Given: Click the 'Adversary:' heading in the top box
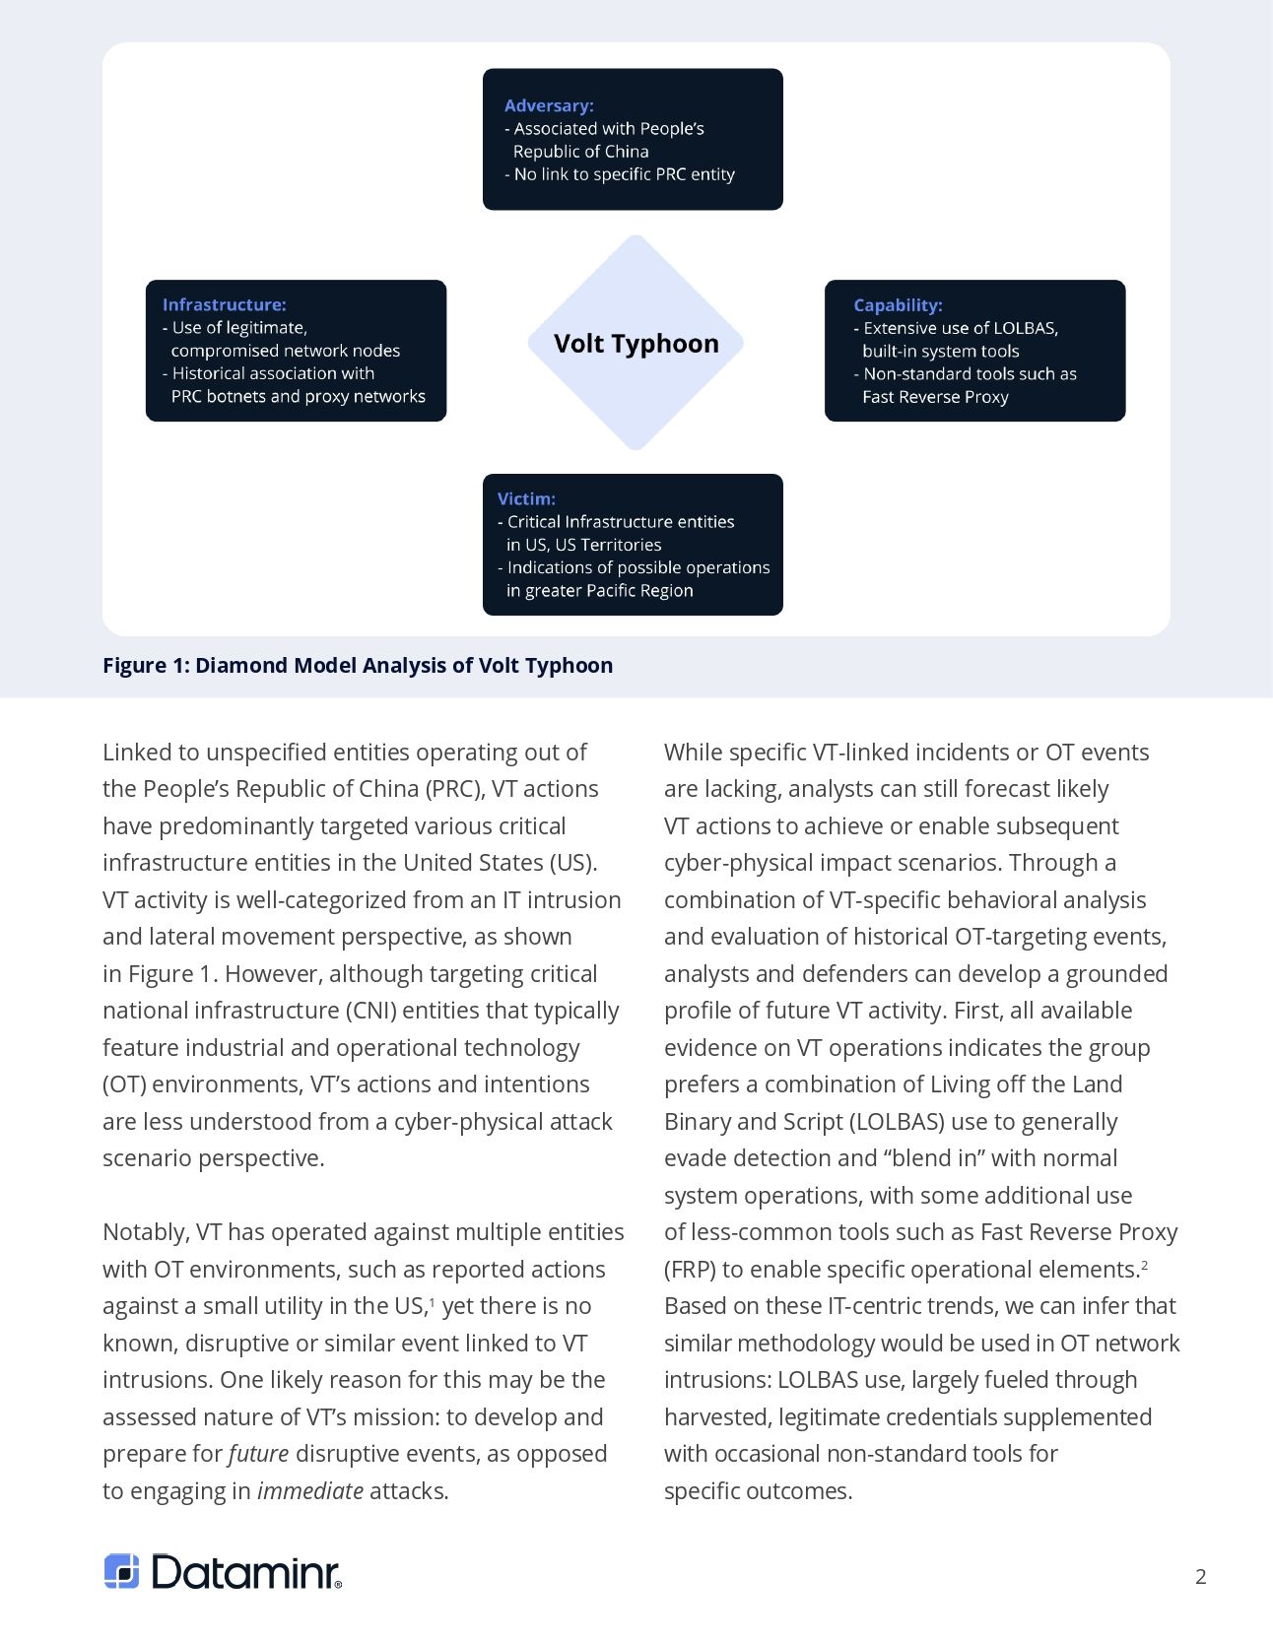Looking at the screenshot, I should [x=549, y=105].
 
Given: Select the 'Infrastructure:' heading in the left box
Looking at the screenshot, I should [x=225, y=305].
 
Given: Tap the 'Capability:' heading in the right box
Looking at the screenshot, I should [x=898, y=305].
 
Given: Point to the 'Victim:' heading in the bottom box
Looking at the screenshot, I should [x=526, y=499].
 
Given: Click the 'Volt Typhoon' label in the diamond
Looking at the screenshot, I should [x=636, y=344].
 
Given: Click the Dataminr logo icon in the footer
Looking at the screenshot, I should [x=122, y=1571].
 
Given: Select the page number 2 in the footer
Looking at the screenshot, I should [x=1200, y=1576].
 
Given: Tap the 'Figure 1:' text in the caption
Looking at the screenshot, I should [x=146, y=666].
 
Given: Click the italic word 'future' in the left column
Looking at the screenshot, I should [x=259, y=1454].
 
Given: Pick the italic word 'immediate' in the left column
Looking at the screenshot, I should [x=310, y=1491].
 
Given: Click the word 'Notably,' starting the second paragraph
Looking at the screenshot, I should [x=145, y=1232].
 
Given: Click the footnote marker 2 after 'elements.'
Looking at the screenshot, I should [x=1144, y=1264].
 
